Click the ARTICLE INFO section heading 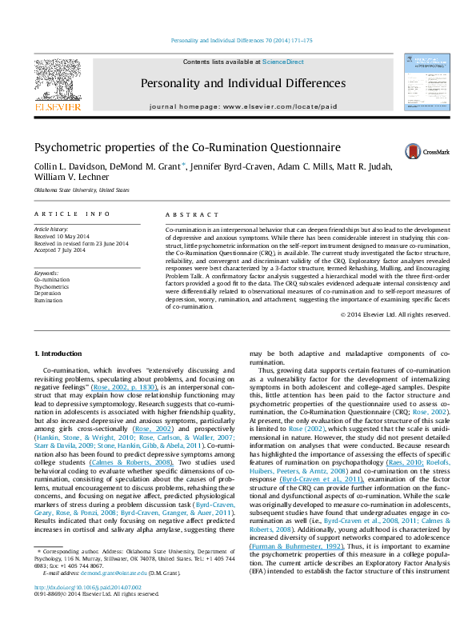[x=65, y=215]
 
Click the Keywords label [x=47, y=273]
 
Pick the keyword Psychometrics [x=52, y=286]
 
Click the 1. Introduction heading [x=61, y=353]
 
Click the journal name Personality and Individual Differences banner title [x=242, y=83]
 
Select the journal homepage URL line [x=242, y=106]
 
